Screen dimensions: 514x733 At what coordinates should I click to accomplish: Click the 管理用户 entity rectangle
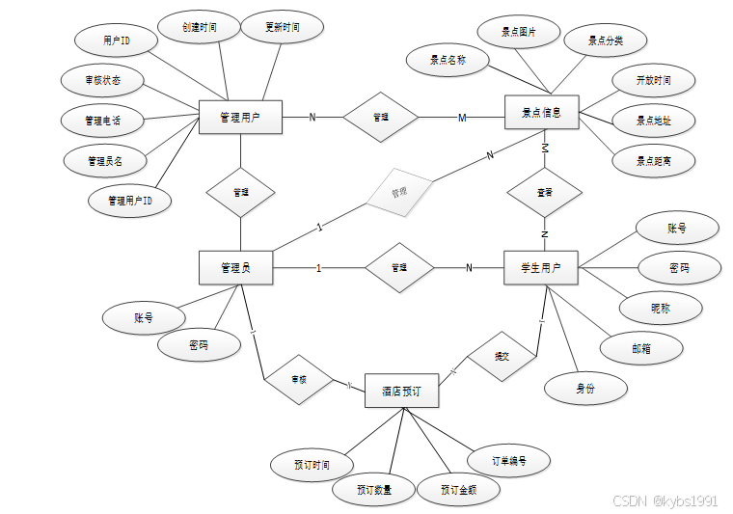[x=240, y=118]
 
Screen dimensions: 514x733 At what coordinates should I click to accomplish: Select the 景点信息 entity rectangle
[x=542, y=112]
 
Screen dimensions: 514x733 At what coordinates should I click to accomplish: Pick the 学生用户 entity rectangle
[x=541, y=267]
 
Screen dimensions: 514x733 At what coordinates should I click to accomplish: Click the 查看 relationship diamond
[x=545, y=192]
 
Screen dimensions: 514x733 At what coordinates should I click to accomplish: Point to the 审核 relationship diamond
[x=299, y=380]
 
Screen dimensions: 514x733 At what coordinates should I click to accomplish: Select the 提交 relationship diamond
[x=502, y=356]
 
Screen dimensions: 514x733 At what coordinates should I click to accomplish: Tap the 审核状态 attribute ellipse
[x=102, y=81]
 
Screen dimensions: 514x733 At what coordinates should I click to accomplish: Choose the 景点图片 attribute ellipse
[x=519, y=32]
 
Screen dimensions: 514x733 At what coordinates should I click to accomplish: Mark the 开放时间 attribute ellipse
[x=653, y=80]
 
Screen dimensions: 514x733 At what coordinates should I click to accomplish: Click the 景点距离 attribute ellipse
[x=653, y=161]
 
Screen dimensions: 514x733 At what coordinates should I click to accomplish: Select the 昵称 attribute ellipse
[x=661, y=309]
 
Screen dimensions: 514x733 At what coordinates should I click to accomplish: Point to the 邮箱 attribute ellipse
[x=641, y=348]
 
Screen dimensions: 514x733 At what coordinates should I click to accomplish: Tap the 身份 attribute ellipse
[x=585, y=389]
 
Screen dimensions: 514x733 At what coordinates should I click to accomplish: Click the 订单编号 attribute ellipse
[x=508, y=461]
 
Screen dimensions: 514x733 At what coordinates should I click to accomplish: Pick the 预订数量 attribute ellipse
[x=375, y=490]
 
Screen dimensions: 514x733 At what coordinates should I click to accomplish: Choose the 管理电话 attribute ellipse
[x=102, y=121]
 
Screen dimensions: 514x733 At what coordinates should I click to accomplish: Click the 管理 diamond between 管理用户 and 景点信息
[x=381, y=118]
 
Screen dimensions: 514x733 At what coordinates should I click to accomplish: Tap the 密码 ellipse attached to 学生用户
[x=679, y=268]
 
